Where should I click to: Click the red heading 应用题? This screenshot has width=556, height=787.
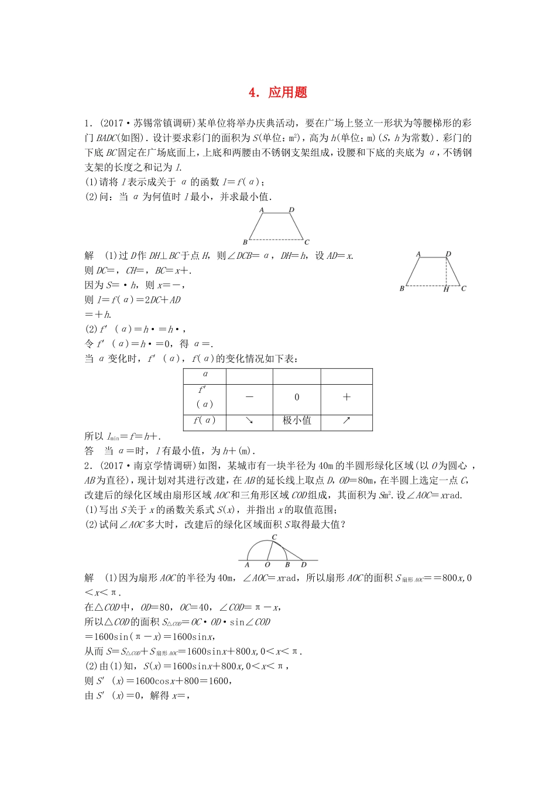coord(287,93)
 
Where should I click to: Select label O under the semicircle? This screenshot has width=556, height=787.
coord(267,565)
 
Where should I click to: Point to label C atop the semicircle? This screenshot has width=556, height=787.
coord(274,537)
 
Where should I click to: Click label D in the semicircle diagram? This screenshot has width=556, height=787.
coord(304,565)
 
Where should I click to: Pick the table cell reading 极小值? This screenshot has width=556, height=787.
coord(297,420)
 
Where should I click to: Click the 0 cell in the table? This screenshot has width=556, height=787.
coord(297,397)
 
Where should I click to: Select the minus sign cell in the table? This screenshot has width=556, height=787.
coord(249,397)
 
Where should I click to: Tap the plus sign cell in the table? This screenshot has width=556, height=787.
coord(346,397)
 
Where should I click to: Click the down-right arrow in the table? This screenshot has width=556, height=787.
coord(249,420)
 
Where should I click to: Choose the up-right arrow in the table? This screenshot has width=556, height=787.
coord(346,420)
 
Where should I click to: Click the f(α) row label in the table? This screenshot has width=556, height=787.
coord(205,420)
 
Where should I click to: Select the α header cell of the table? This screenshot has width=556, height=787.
coord(205,374)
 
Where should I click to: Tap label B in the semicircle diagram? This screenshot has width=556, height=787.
coord(287,565)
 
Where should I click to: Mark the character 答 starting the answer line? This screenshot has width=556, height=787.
coord(89,451)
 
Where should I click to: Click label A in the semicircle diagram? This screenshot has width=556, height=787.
coord(247,565)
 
